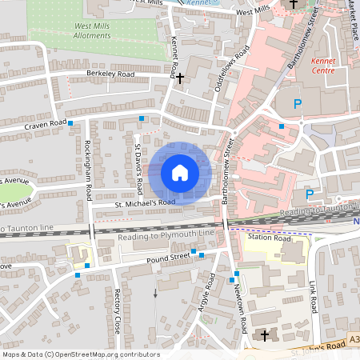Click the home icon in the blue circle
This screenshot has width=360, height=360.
tap(180, 173)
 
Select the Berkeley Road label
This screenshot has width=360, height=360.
tap(110, 74)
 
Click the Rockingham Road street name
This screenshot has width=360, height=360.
tap(88, 171)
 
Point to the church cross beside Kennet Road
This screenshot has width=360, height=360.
tap(180, 78)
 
